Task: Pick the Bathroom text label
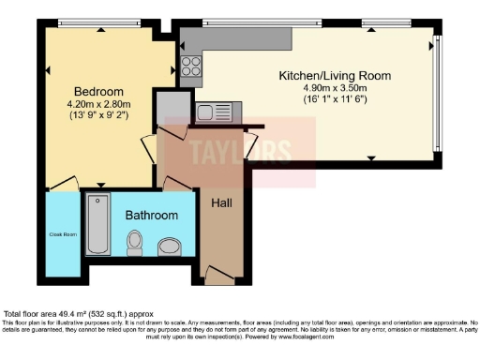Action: tap(152, 216)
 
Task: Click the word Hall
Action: tap(222, 203)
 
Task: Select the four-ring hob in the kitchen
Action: tap(190, 66)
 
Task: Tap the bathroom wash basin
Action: tap(169, 247)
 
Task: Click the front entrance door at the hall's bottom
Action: tap(218, 275)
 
